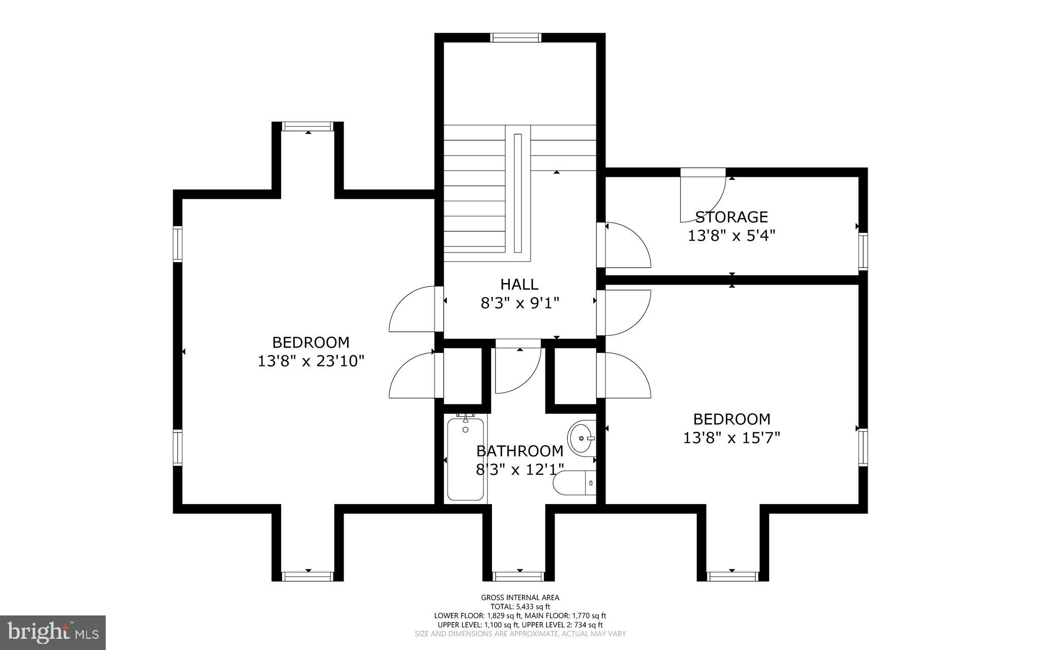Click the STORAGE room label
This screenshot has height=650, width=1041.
(x=731, y=218)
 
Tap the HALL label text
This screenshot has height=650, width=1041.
(x=519, y=284)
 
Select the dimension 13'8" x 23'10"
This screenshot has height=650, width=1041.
(x=311, y=361)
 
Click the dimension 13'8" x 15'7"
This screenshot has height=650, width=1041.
(x=731, y=438)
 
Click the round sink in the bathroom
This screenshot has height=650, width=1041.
(x=581, y=438)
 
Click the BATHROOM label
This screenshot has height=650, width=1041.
(x=519, y=451)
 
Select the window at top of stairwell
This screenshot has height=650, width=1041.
(x=515, y=37)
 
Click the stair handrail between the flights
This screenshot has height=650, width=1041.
(x=517, y=193)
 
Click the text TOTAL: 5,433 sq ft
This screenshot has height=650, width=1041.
(x=520, y=606)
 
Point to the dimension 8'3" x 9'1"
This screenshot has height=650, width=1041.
(x=519, y=303)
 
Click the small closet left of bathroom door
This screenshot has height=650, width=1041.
(x=463, y=376)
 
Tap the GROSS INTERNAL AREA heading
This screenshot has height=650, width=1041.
(x=520, y=598)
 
